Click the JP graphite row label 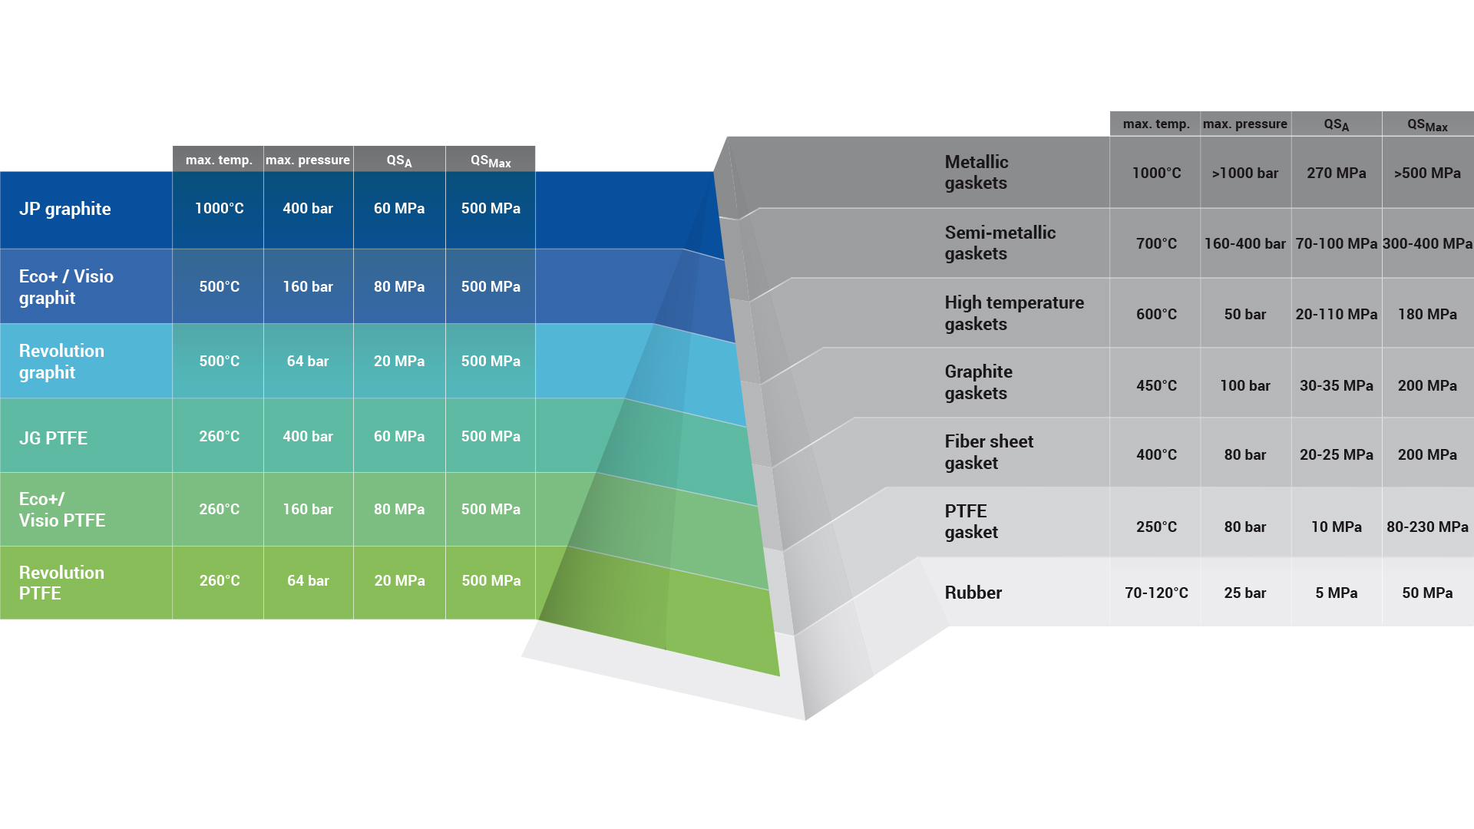click(x=65, y=209)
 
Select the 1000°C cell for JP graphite click(x=219, y=209)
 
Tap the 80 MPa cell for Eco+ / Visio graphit click(x=399, y=287)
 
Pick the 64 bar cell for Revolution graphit click(x=308, y=362)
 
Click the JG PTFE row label click(x=53, y=438)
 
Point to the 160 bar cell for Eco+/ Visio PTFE click(x=308, y=510)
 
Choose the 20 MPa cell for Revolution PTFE click(x=399, y=581)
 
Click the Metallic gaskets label click(x=977, y=173)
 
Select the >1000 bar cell click(x=1245, y=173)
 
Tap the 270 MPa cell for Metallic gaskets click(x=1337, y=173)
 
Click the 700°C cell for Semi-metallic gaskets click(x=1156, y=244)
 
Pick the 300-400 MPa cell click(x=1427, y=244)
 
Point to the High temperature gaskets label click(x=1014, y=313)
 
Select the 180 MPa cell click(x=1427, y=315)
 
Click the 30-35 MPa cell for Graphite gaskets click(x=1337, y=386)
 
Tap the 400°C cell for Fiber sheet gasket click(x=1156, y=455)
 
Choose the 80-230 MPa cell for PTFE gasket click(x=1427, y=527)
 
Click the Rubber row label click(x=973, y=593)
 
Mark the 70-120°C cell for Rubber click(x=1156, y=593)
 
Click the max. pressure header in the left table click(x=308, y=160)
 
